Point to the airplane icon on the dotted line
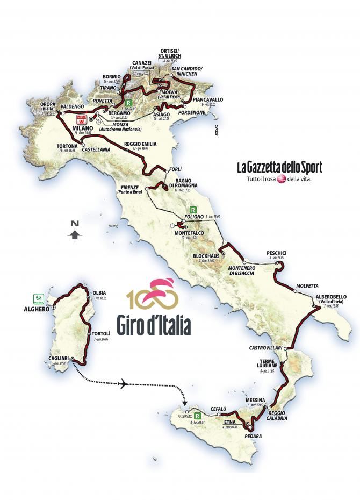click(x=124, y=384)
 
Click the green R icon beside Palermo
click(x=198, y=416)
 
